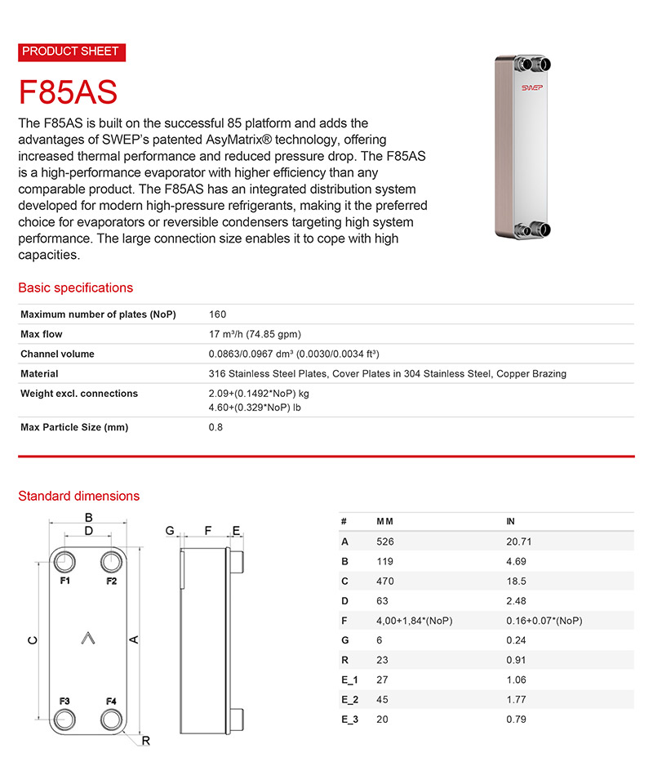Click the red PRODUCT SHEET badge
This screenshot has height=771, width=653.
tap(71, 51)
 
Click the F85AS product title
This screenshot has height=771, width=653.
tap(68, 91)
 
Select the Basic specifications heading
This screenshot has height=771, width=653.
tap(75, 287)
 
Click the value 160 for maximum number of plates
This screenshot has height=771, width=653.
tap(217, 314)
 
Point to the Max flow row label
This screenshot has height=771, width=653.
tap(42, 334)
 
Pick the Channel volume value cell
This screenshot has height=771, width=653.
tap(294, 354)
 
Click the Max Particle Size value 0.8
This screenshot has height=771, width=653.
tap(215, 427)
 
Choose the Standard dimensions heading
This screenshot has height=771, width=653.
tap(78, 496)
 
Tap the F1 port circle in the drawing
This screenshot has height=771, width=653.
tap(64, 562)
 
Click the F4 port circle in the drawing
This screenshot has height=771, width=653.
tap(112, 719)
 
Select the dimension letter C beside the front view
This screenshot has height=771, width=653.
tap(31, 640)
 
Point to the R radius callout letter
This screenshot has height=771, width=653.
tap(145, 740)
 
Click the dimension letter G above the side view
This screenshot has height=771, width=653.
tap(171, 531)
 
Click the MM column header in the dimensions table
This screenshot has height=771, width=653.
tap(384, 521)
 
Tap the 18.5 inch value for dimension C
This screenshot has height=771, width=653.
tap(517, 581)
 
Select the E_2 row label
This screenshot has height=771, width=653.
tap(349, 699)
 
